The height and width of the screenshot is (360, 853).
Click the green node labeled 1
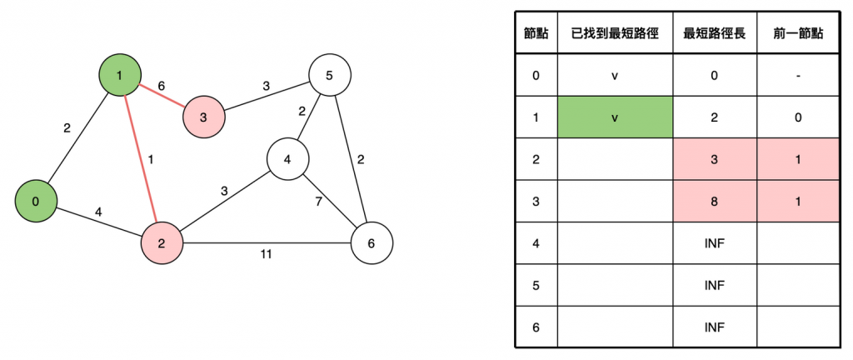120,76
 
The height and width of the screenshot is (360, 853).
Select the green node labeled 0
35,201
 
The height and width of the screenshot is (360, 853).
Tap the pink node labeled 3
204,116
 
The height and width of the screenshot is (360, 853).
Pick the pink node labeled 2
162,243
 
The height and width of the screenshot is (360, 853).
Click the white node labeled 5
329,76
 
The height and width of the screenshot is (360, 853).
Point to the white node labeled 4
287,158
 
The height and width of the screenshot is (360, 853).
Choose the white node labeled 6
372,243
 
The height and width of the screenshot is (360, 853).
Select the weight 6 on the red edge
161,86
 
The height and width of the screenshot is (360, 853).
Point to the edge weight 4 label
98,212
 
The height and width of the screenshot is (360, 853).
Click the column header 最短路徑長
715,34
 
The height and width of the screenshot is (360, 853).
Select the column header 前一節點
799,34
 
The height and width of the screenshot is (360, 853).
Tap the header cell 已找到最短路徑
615,34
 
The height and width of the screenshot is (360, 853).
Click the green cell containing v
615,117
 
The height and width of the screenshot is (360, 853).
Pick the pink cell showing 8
715,201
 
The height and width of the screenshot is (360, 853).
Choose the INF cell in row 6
715,327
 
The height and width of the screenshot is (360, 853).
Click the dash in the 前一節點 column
799,76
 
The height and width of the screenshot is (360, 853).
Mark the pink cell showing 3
715,159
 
